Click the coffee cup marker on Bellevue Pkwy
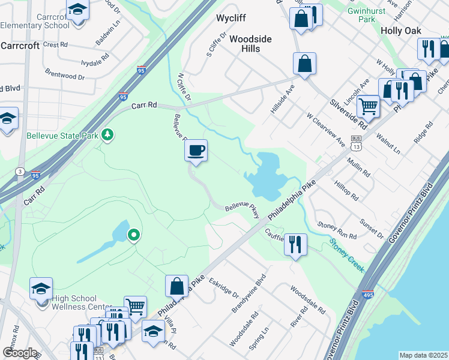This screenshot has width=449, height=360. [x=196, y=151]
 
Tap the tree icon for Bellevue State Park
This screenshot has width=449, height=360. [x=107, y=134]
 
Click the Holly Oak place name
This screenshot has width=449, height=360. [x=400, y=31]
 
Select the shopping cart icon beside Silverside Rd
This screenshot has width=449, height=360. [x=368, y=107]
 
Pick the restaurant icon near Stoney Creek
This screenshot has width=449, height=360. [x=295, y=244]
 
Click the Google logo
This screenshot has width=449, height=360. [x=19, y=353]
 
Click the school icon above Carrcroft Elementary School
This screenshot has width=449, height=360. [x=77, y=11]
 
